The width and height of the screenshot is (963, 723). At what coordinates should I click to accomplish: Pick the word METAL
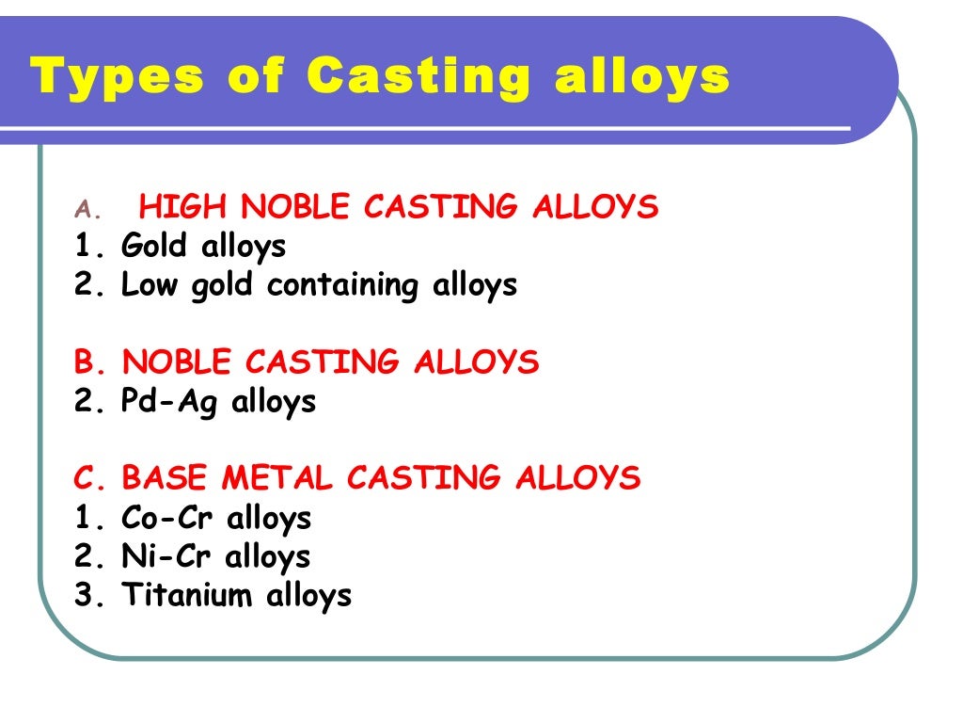(x=277, y=478)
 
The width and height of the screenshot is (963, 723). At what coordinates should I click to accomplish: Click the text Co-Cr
(x=168, y=518)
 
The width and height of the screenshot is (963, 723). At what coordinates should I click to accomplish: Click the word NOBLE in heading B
(x=179, y=361)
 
